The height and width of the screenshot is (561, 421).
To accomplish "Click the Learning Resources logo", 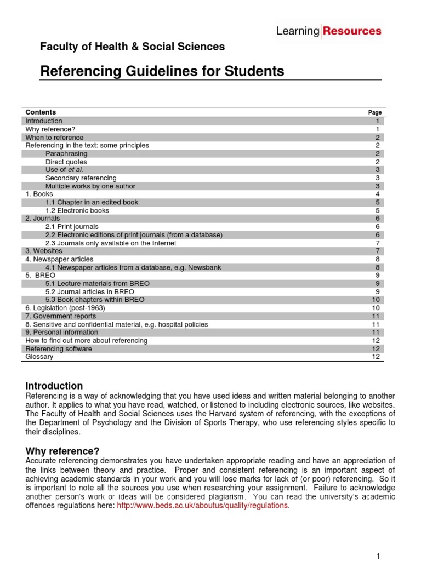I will point(328,31).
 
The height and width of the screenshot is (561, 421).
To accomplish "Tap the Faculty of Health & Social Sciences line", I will point(132,47).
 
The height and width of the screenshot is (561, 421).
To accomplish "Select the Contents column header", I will point(41,112).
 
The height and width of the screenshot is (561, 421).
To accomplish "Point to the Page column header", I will point(375,112).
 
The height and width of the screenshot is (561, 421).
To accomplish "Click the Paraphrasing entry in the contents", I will point(66,154).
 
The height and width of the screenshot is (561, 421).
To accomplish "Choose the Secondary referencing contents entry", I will point(81,178).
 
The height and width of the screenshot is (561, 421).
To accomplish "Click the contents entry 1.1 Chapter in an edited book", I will point(92,202).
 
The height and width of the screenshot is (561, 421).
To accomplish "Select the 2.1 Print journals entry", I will point(72,227).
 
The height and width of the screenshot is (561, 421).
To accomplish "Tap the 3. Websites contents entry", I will point(44,251).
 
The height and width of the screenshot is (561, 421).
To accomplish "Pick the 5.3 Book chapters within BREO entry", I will point(95,300).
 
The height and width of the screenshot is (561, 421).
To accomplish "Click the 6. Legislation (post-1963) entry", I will point(65,308).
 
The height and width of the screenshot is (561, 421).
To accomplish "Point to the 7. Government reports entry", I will point(61,316).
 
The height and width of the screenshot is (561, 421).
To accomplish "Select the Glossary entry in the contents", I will point(39,357).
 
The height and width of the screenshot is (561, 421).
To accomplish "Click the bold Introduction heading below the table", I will point(54,386).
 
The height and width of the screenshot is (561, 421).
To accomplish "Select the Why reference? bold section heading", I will point(62,451).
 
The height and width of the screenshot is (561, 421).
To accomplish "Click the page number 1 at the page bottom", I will point(378,556).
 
